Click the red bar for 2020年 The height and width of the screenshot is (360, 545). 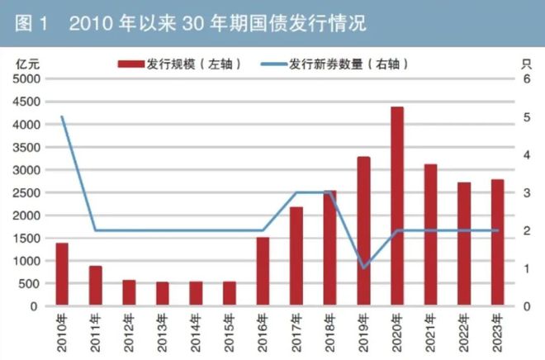pos(397,206)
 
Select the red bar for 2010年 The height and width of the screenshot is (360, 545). pos(62,274)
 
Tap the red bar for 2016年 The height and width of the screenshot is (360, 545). pos(263,272)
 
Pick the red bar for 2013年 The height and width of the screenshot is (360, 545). pos(163,294)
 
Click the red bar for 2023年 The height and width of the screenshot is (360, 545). pos(497,243)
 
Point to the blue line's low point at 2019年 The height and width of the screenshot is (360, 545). pos(363,268)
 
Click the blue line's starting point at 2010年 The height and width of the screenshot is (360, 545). pos(62,116)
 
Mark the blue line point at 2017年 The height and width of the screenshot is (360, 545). pos(296,192)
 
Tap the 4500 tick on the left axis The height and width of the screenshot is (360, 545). pos(26,102)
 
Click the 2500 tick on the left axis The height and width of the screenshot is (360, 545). pos(26,193)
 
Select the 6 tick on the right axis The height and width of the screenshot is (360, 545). pos(527,79)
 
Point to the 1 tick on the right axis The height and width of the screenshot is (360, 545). pos(527,268)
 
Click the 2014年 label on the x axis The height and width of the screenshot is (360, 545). pos(196,333)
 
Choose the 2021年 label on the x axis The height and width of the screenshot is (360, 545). pos(430,333)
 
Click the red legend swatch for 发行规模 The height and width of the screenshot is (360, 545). pos(131,64)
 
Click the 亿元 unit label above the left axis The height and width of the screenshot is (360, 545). pos(28,64)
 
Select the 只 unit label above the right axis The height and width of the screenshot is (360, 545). pos(527,64)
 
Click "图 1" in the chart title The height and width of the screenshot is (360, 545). pos(31,24)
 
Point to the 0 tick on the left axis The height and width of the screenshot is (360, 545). pos(34,306)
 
